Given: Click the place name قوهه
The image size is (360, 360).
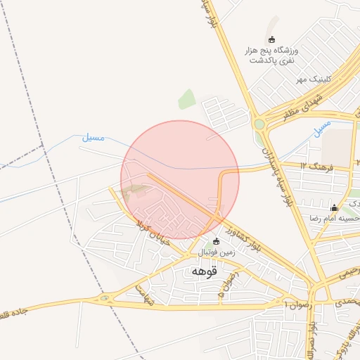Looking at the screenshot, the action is pyautogui.click(x=205, y=270).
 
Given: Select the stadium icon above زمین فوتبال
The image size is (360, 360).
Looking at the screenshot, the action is pyautogui.click(x=216, y=241).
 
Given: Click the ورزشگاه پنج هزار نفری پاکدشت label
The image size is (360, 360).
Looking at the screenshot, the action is pyautogui.click(x=271, y=56).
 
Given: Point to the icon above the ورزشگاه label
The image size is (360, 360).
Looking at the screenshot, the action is pyautogui.click(x=273, y=39).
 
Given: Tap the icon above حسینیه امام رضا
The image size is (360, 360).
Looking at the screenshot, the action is pyautogui.click(x=335, y=208).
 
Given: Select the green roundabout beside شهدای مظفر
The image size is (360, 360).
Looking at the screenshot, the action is pyautogui.click(x=259, y=124).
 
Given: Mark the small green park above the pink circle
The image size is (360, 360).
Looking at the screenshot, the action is pyautogui.click(x=186, y=99).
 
